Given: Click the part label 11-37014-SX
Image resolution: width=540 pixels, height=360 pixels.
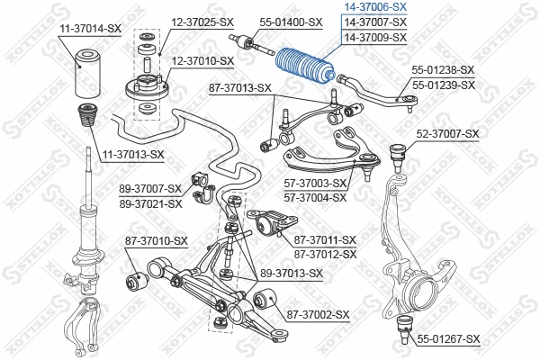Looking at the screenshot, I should point(90,30).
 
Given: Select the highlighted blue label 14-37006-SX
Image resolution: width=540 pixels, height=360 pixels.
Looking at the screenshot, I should point(376,6).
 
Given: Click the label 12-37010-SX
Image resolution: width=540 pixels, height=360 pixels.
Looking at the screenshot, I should point(202,60).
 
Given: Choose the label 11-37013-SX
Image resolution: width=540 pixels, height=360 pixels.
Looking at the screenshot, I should point(133,154).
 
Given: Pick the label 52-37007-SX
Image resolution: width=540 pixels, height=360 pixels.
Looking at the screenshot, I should point(447,134).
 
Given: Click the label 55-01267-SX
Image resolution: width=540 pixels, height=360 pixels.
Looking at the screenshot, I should point(447,338).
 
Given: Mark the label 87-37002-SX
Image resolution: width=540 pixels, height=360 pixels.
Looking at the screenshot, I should point(317,314).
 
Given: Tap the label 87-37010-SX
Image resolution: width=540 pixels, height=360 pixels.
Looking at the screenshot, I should point(156,240).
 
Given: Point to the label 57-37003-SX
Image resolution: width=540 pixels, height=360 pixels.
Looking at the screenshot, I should point(314,183).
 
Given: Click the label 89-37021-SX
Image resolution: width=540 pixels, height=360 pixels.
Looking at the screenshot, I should point(150,204).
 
